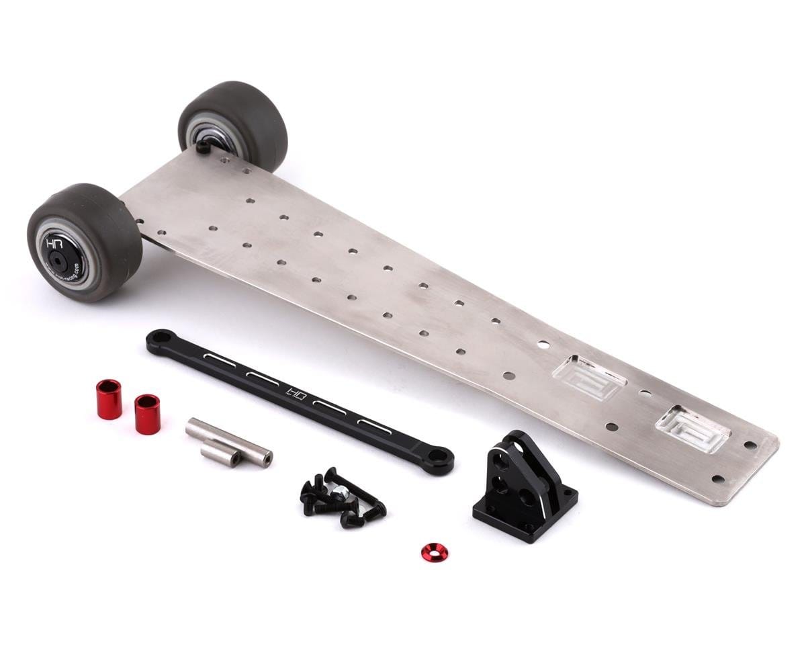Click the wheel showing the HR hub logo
83,243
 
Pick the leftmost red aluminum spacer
109,399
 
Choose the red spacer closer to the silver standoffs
147,414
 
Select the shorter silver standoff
220,458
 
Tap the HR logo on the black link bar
296,392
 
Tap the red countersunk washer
435,552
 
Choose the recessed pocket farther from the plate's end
588,377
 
